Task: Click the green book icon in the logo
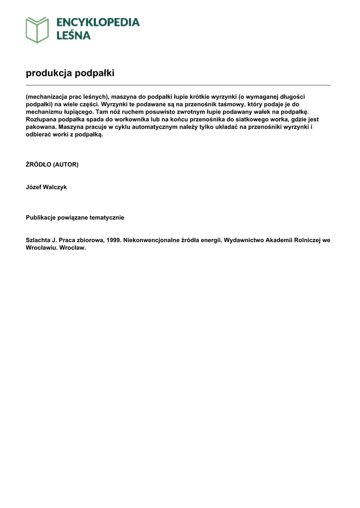pyautogui.click(x=37, y=30)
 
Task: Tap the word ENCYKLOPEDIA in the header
pyautogui.click(x=98, y=22)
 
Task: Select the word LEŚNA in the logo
pyautogui.click(x=73, y=35)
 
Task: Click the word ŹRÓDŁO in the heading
pyautogui.click(x=38, y=164)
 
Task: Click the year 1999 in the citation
pyautogui.click(x=113, y=240)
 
